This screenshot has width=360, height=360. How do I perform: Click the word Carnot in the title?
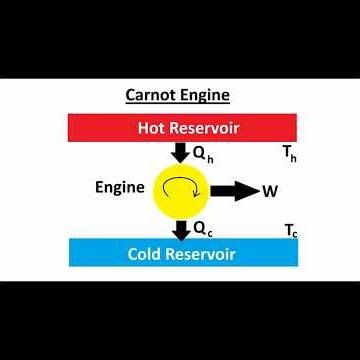pyautogui.click(x=151, y=97)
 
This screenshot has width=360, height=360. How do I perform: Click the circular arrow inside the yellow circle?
pyautogui.click(x=180, y=190)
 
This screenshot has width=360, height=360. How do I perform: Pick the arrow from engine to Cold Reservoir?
pyautogui.click(x=180, y=229)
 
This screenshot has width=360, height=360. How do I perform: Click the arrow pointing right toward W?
pyautogui.click(x=233, y=192)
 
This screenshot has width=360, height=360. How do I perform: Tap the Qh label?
pyautogui.click(x=202, y=155)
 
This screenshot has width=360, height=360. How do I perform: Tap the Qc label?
pyautogui.click(x=202, y=229)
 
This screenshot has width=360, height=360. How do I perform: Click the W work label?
pyautogui.click(x=269, y=192)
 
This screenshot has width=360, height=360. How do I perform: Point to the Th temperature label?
pyautogui.click(x=291, y=155)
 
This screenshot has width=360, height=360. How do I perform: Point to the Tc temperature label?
pyautogui.click(x=291, y=230)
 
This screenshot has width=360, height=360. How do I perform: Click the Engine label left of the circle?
pyautogui.click(x=118, y=187)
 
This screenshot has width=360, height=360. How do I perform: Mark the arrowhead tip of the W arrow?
pyautogui.click(x=257, y=192)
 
